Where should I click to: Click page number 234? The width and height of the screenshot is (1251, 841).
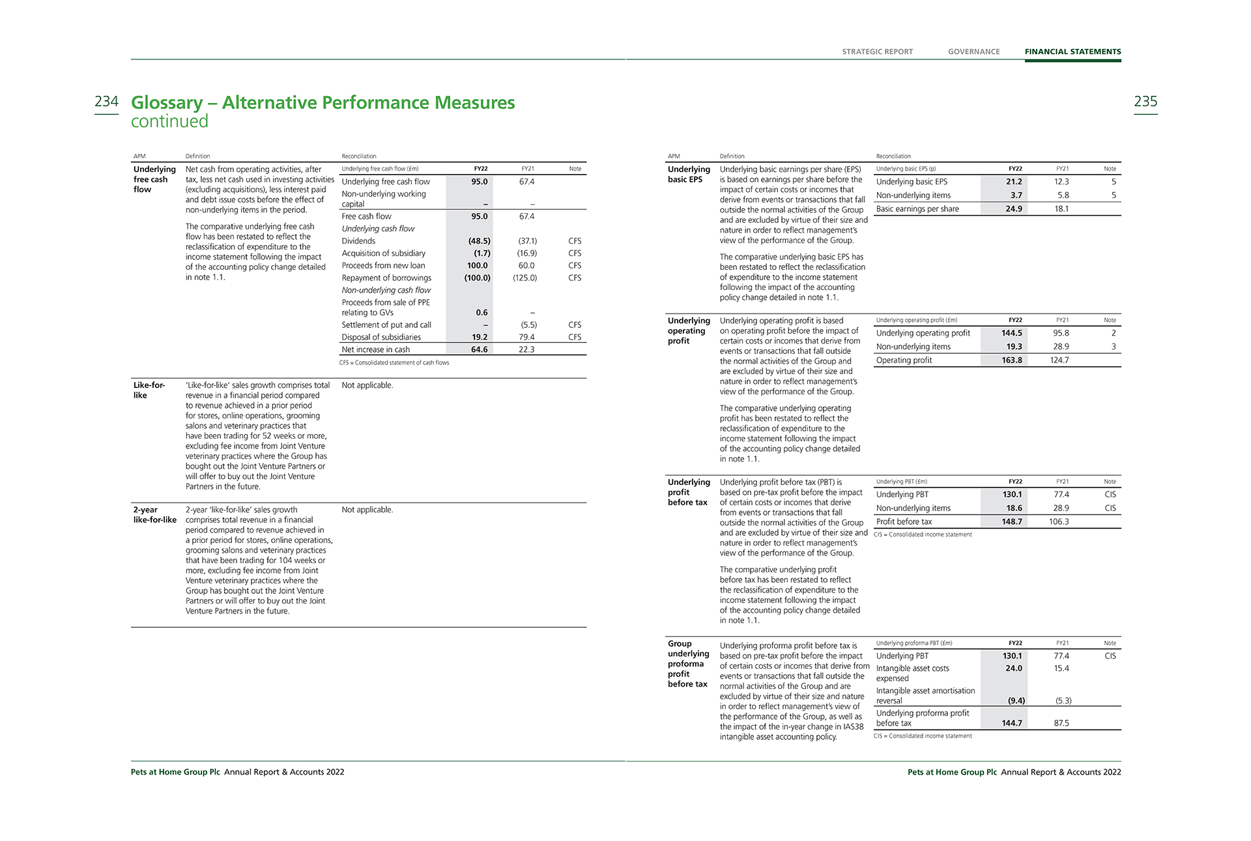[106, 102]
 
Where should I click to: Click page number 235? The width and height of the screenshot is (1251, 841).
[1145, 102]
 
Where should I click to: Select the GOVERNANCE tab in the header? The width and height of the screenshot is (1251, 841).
[973, 52]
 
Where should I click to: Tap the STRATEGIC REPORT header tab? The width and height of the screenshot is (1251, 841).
[877, 52]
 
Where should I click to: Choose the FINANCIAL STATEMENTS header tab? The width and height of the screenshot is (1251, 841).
[1072, 52]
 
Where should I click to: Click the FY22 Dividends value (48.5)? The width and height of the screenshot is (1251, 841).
[479, 241]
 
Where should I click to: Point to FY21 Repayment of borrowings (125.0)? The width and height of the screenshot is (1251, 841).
[525, 278]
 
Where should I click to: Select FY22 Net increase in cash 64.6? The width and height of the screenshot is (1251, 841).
[479, 349]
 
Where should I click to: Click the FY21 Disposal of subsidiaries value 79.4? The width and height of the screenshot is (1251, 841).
[526, 337]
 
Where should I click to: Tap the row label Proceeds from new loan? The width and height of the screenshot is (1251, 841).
[383, 265]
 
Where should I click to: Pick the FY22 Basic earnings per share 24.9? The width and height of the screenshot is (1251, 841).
[1014, 209]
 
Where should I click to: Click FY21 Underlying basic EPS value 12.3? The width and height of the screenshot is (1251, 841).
[1061, 182]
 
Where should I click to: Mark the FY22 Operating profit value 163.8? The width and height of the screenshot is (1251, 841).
[1012, 361]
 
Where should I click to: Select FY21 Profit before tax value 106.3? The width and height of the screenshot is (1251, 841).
[1059, 522]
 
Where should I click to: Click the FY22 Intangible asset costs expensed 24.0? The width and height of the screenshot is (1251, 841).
[1014, 669]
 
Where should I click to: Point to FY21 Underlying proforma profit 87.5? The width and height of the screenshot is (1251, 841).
[1061, 724]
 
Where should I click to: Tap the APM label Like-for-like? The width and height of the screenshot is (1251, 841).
[149, 390]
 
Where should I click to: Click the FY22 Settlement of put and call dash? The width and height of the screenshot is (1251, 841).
[485, 325]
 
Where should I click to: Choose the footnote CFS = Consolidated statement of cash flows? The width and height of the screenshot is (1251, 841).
[394, 363]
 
